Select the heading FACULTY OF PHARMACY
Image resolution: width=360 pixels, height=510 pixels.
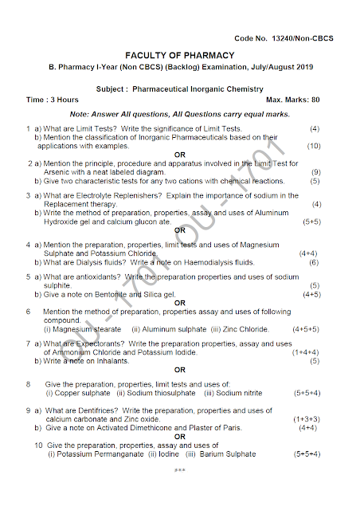[179, 56]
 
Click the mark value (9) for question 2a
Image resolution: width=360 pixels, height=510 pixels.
[315, 172]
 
